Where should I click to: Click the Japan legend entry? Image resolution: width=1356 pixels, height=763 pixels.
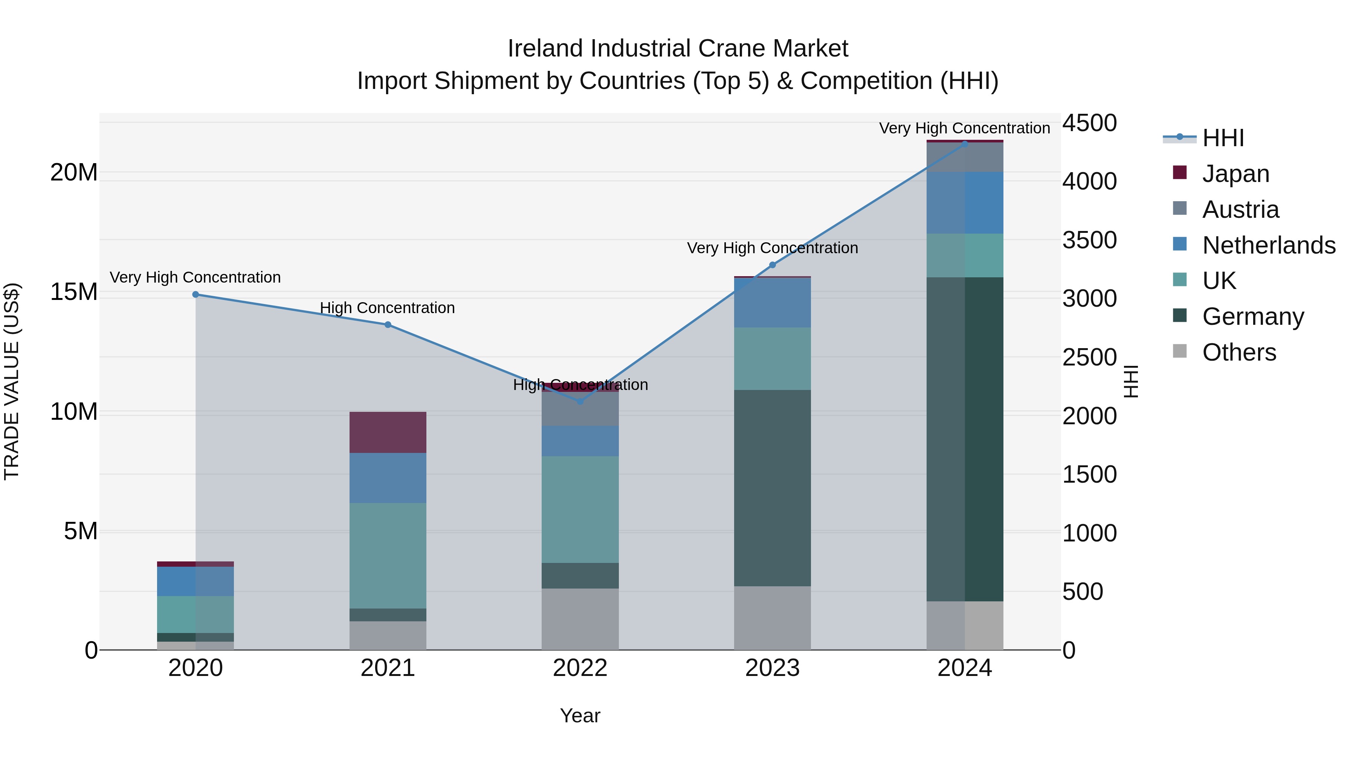point(1235,174)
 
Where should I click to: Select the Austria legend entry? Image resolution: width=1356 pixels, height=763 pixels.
point(1240,209)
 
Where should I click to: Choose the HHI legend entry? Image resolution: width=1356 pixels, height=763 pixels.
point(1222,138)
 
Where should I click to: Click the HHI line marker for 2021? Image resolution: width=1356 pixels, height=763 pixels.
point(388,325)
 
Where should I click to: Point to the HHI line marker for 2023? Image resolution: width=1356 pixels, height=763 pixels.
point(772,265)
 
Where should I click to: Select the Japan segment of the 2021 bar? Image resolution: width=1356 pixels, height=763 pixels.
point(388,432)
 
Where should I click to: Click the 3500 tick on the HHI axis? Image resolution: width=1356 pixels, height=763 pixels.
point(1089,240)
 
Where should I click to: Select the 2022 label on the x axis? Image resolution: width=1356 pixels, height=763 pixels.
point(580,668)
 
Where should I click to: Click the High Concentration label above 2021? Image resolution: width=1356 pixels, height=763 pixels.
point(388,308)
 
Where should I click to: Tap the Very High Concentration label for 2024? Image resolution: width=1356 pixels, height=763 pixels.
point(964,128)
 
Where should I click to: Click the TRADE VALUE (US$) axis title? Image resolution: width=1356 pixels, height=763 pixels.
point(12,381)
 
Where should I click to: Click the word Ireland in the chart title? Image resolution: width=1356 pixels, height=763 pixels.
point(545,49)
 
